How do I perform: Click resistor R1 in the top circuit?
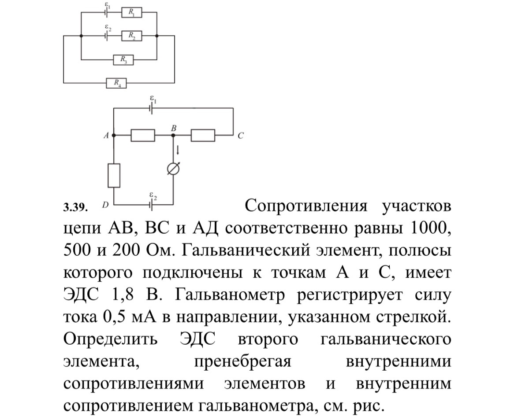pyautogui.click(x=131, y=13)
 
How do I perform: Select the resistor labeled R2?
pyautogui.click(x=131, y=36)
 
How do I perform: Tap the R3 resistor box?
pyautogui.click(x=124, y=59)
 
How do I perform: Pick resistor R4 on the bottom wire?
pyautogui.click(x=116, y=82)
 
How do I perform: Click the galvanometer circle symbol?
pyautogui.click(x=174, y=169)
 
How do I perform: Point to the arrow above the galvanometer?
pyautogui.click(x=178, y=150)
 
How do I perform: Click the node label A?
pyautogui.click(x=106, y=136)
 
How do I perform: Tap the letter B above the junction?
pyautogui.click(x=174, y=128)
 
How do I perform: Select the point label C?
pyautogui.click(x=240, y=136)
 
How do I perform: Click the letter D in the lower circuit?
pyautogui.click(x=105, y=205)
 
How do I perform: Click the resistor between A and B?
pyautogui.click(x=143, y=135)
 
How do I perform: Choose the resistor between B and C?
pyautogui.click(x=203, y=135)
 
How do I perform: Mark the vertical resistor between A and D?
pyautogui.click(x=114, y=176)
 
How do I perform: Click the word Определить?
pyautogui.click(x=110, y=339)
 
